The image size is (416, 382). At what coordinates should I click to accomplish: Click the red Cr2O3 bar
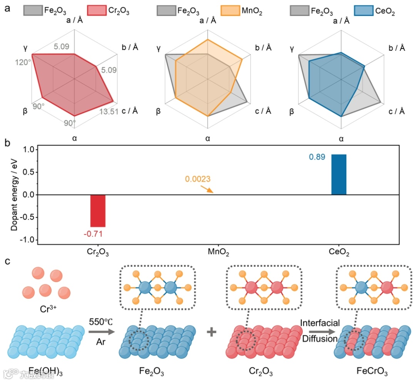[x=98, y=211]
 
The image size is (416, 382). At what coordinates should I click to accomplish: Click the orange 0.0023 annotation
[x=197, y=179]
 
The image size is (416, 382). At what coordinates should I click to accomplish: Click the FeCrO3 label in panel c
[x=371, y=372]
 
